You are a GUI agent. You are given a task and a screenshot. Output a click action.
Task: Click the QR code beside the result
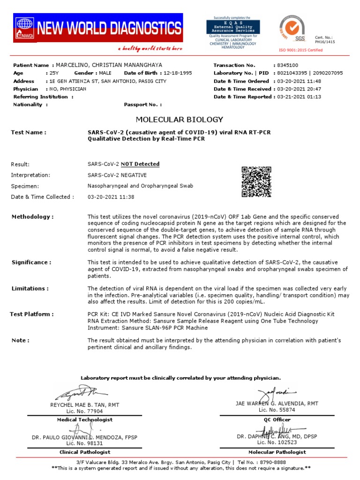click(256, 182)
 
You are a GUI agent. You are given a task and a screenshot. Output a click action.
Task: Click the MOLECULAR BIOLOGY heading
click(180, 120)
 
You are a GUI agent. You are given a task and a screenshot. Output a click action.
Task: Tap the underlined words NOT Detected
click(140, 164)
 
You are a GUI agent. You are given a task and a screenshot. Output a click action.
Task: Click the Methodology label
click(33, 217)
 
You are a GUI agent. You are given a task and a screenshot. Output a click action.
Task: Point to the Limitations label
click(30, 289)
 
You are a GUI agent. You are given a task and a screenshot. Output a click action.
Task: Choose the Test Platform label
click(31, 314)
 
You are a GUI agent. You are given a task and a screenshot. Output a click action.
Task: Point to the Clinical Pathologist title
click(85, 452)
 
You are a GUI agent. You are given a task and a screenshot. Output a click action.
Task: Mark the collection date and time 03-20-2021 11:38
click(111, 197)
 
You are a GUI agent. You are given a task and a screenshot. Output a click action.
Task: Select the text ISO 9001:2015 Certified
click(300, 50)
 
